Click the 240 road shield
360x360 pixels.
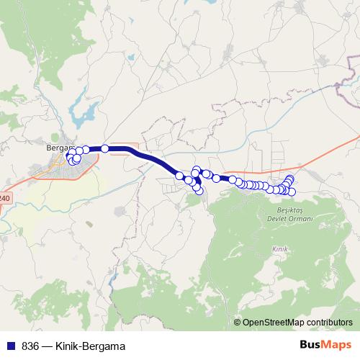[x=4, y=197]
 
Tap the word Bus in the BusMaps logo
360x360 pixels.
[x=310, y=345]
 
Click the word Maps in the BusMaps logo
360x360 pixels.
[x=337, y=345]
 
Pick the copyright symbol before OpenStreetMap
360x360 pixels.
[x=238, y=323]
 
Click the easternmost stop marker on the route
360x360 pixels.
[x=292, y=192]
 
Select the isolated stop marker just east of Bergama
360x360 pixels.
[x=105, y=148]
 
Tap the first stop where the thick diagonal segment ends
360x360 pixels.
[x=179, y=176]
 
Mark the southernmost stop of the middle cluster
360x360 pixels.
[x=199, y=191]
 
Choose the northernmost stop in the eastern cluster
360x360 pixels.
[x=290, y=179]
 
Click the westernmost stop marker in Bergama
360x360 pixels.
[x=71, y=156]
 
